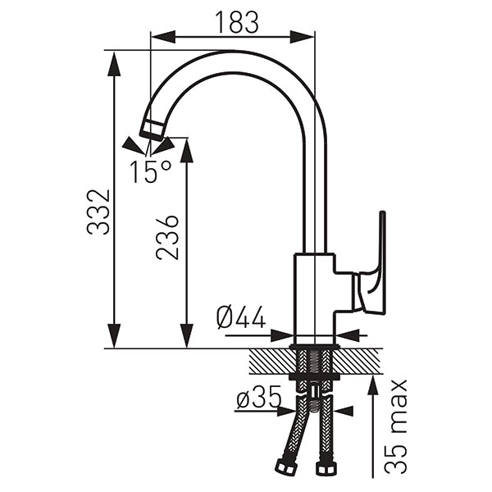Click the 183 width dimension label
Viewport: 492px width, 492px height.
coord(238,22)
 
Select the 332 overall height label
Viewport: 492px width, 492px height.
coord(98,212)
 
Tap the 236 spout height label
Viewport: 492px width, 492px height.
coord(168,238)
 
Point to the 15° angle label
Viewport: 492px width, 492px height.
coord(151,171)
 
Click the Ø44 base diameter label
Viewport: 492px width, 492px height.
coord(241,317)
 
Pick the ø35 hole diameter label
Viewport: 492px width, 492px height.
coord(259,398)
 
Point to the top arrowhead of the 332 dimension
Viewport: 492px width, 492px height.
coord(114,64)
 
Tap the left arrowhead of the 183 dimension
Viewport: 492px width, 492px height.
coord(163,37)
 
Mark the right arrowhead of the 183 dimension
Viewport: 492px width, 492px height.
coord(302,37)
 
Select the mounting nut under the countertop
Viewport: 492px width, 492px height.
coord(314,377)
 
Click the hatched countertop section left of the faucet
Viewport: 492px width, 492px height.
coord(272,362)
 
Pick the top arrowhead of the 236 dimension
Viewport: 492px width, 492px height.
coord(187,150)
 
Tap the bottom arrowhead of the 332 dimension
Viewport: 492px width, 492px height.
coord(114,335)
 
